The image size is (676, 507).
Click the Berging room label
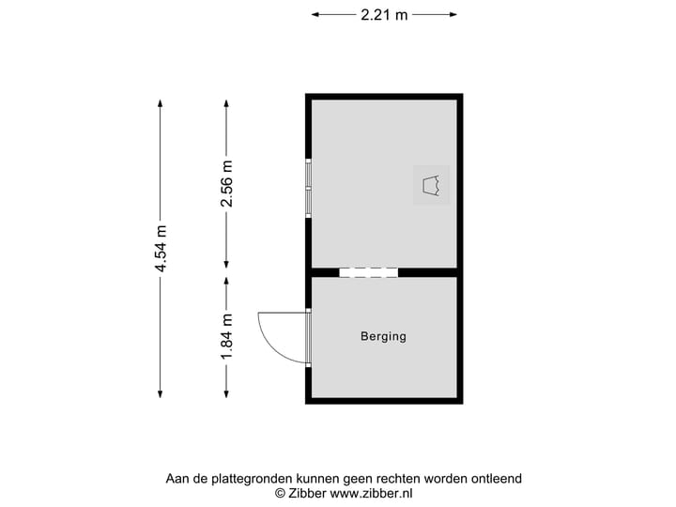[383, 336]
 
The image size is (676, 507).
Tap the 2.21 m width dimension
[384, 14]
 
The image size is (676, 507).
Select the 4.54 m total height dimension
[161, 249]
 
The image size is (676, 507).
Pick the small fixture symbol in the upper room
[432, 185]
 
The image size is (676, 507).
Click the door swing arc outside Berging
[271, 336]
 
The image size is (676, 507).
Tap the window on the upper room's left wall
[308, 188]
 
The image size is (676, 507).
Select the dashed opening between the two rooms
[368, 272]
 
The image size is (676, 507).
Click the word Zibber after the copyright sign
[308, 492]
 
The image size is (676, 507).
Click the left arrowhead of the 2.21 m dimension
[315, 14]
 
